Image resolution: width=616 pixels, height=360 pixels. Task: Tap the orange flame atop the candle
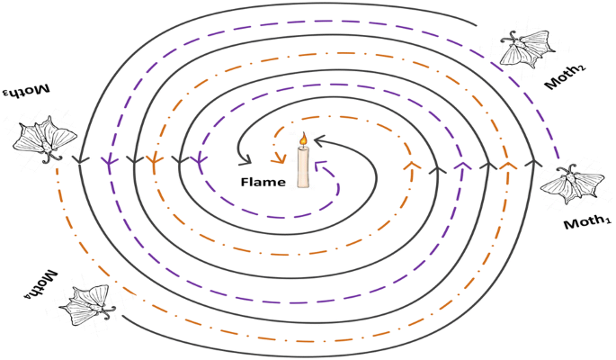(303, 139)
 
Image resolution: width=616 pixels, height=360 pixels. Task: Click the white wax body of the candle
(303, 167)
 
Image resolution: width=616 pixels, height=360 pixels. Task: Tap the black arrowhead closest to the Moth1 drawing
(531, 165)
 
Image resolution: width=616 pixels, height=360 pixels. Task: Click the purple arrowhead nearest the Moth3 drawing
(109, 163)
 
